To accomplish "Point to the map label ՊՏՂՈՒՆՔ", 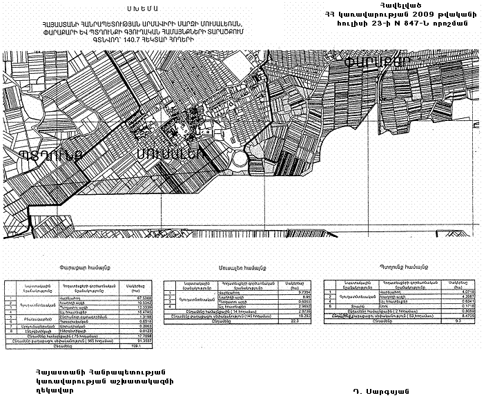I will click(x=52, y=154).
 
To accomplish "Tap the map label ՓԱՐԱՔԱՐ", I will click(x=376, y=60).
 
